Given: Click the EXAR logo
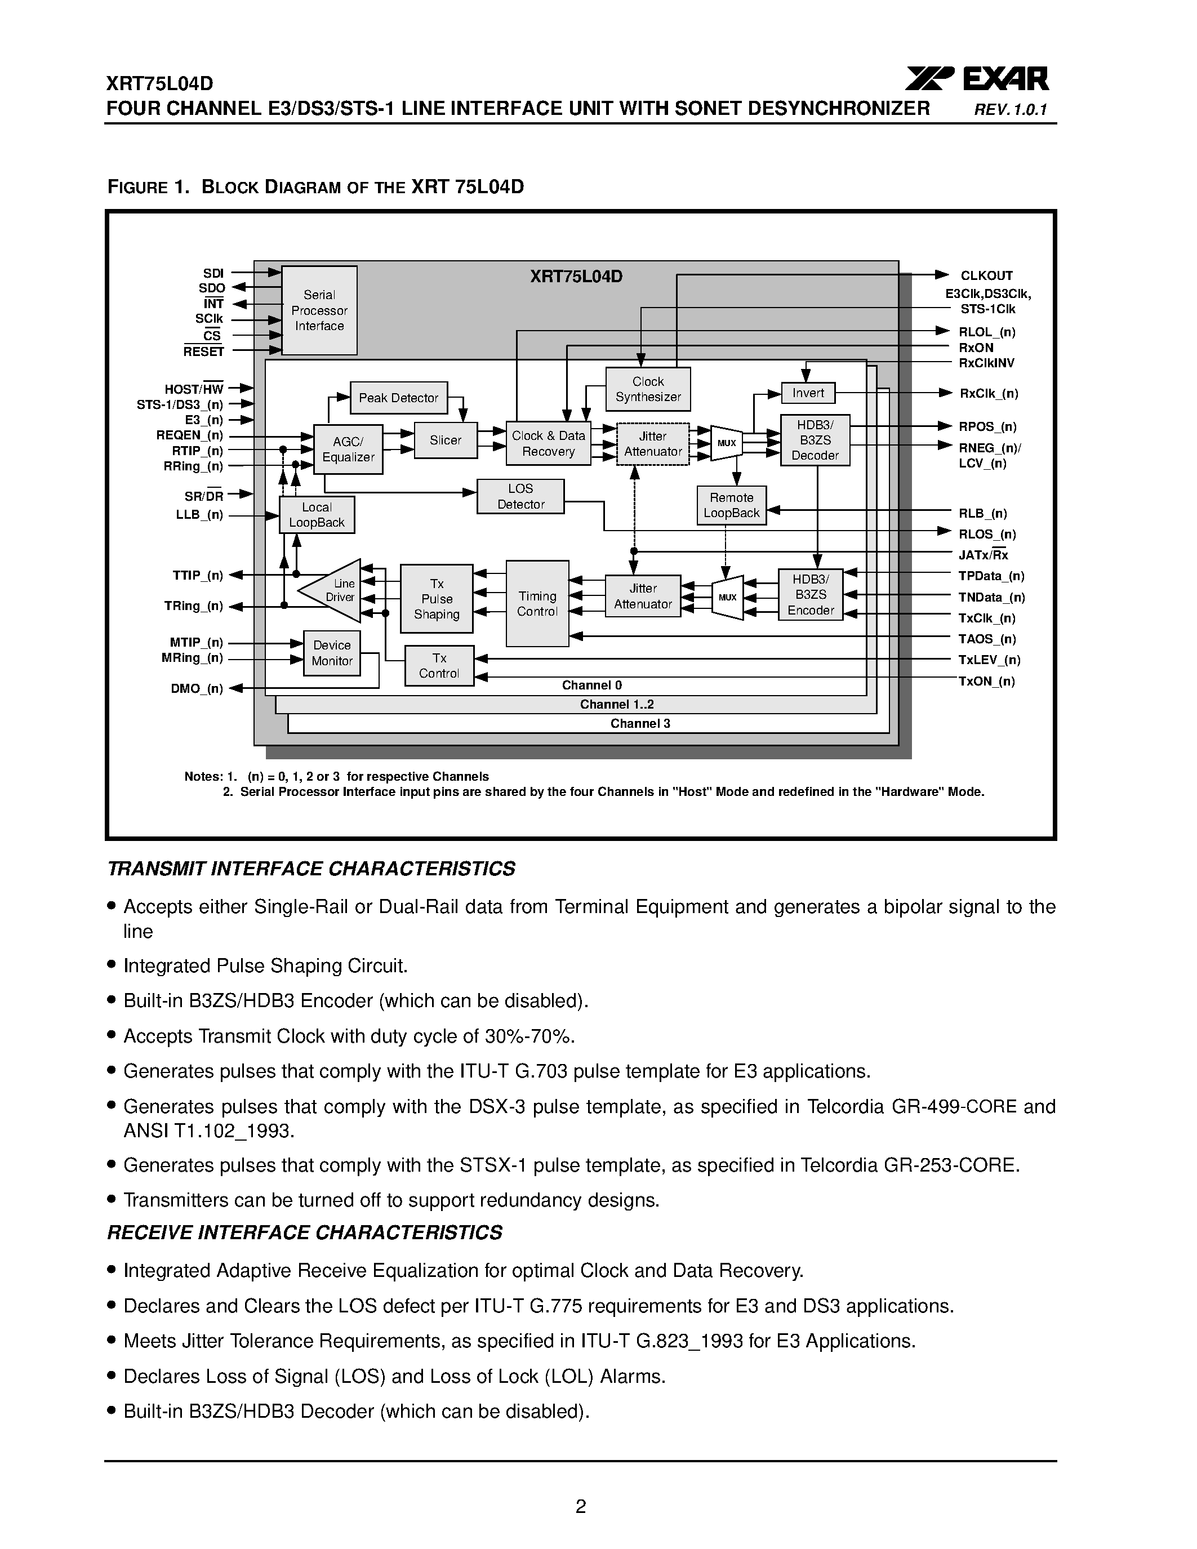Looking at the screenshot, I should coord(977,79).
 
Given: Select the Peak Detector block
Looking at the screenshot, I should coord(398,398).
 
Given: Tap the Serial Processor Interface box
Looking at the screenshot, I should coord(319,311).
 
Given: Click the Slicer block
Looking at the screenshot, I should coord(446,440).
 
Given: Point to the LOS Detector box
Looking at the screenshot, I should coord(520,496).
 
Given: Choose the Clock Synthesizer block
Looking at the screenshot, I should coord(647,389).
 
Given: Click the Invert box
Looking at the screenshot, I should coord(808,393).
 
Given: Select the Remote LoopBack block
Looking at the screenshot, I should coord(731,506).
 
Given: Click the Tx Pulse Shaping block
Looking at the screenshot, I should coord(436,599).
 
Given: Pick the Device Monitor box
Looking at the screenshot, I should coord(332,652).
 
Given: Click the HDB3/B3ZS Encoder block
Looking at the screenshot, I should coord(811,595).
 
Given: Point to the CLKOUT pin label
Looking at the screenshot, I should coord(986,276).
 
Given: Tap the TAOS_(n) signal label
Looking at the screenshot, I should coord(987,639).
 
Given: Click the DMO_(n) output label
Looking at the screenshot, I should coord(197,689).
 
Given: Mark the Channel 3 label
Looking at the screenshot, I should coord(640,723).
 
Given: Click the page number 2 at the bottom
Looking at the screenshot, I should coord(580,1506).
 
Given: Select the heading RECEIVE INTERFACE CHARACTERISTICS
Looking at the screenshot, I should coord(304,1232).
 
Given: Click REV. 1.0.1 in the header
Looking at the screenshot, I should coord(1010,110).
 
